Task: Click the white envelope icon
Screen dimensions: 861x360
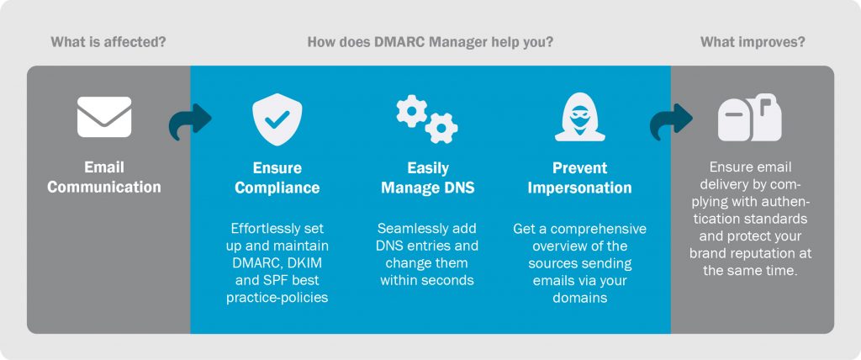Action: pos(104,117)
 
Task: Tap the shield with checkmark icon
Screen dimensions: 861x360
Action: pos(277,119)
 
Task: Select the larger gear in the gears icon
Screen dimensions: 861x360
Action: pos(441,128)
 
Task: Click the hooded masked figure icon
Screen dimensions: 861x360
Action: pos(579,117)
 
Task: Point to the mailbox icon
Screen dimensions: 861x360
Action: pos(749,117)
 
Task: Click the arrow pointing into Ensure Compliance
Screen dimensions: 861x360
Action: pos(190,121)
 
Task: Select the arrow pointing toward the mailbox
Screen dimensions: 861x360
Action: pos(671,121)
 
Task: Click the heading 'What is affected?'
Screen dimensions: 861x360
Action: pos(108,42)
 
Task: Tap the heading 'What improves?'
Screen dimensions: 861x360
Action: pos(753,42)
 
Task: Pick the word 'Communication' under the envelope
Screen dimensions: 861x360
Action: pos(104,187)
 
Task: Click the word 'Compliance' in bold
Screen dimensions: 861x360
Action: pos(277,188)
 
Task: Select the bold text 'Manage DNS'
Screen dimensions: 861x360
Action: pos(428,188)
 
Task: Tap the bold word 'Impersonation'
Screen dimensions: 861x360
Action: pos(580,188)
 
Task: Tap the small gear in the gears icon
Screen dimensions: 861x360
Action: pos(411,110)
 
